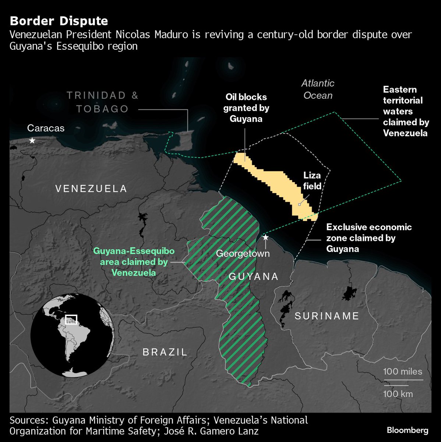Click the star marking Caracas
point(32,140)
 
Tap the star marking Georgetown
point(265,238)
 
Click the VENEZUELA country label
point(91,189)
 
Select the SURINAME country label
point(327,316)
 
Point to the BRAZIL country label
point(165,352)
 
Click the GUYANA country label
point(254,276)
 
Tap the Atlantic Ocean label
point(318,90)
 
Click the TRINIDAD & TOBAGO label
point(102,102)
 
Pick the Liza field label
point(312,180)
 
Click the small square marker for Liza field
point(299,204)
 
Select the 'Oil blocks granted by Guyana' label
point(246,108)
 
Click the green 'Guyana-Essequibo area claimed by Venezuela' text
point(134,262)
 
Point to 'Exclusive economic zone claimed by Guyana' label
point(369,238)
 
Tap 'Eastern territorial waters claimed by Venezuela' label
point(406,111)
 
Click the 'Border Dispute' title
point(59,21)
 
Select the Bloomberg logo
point(408,430)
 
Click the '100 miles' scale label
point(402,371)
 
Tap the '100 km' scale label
point(398,394)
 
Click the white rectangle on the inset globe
point(71,319)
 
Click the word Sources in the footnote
point(29,420)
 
